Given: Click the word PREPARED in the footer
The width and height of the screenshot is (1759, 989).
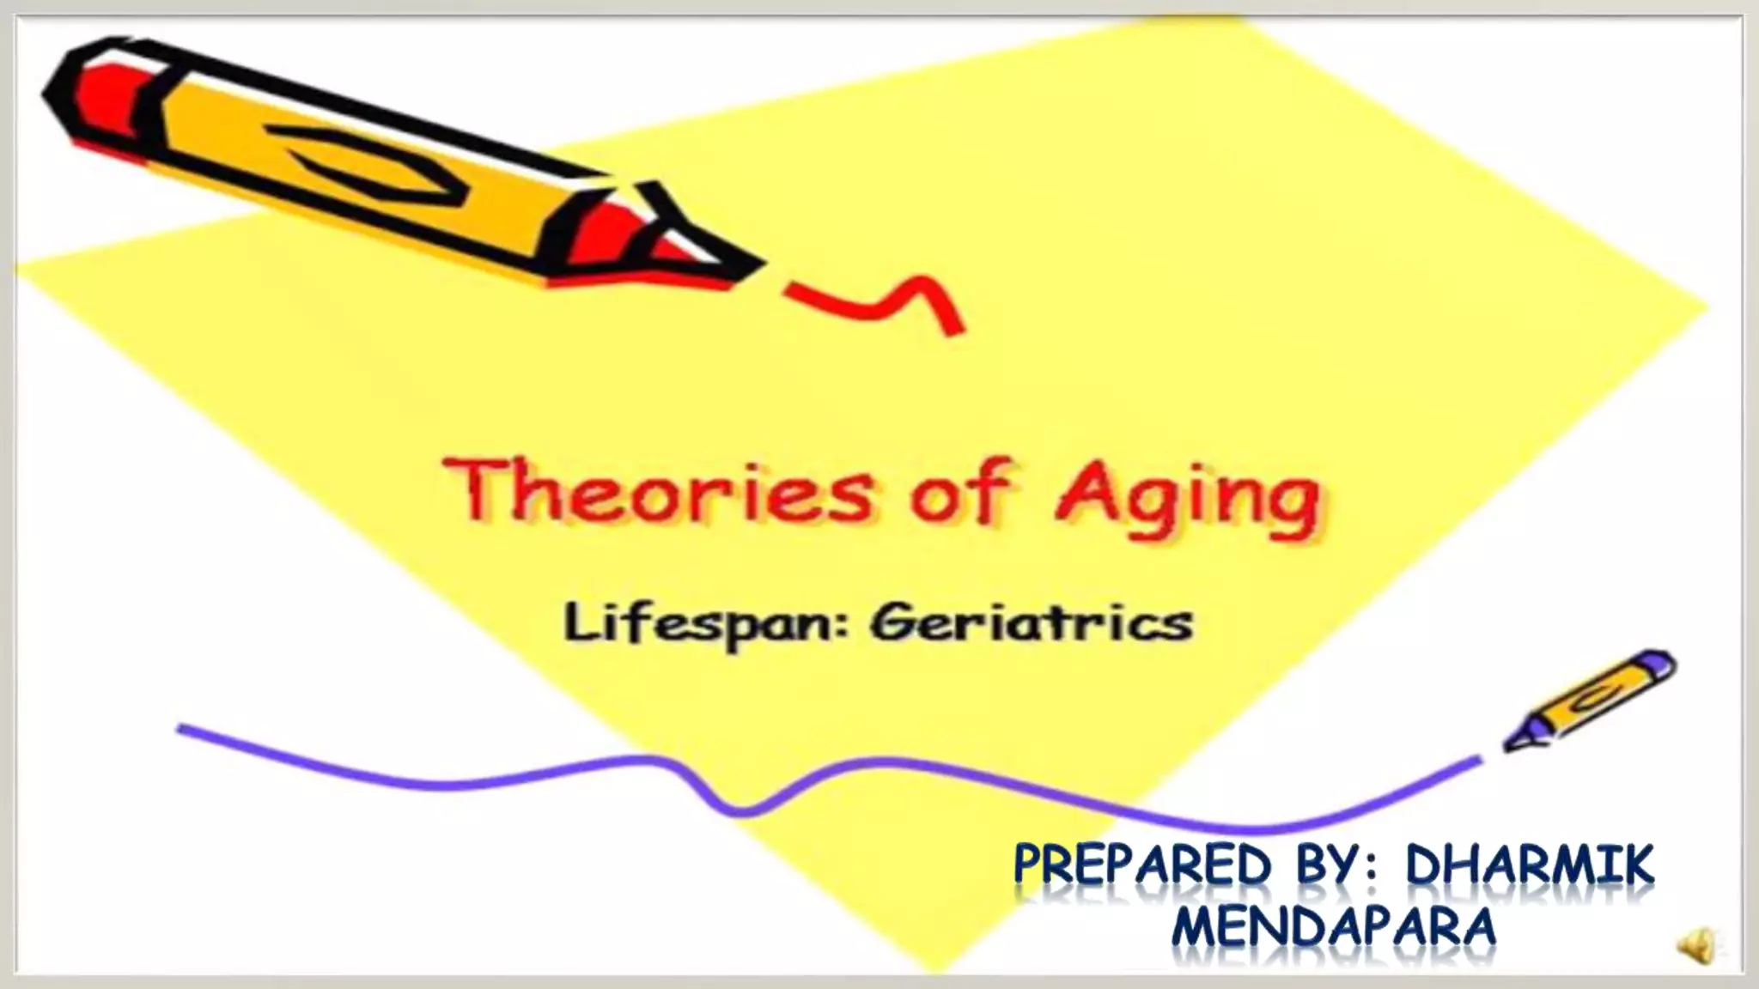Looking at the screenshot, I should click(x=1141, y=865).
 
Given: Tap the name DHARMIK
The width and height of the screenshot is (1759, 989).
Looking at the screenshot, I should click(x=1529, y=865).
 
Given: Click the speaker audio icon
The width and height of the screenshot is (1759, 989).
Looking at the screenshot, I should click(x=1696, y=947).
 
